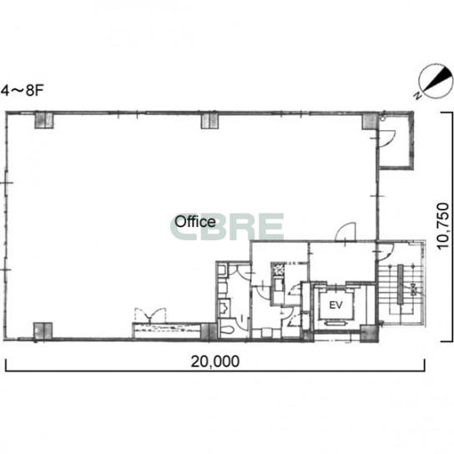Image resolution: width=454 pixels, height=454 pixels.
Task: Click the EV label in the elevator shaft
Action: point(335,305)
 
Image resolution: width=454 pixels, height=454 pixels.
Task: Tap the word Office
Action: point(195,222)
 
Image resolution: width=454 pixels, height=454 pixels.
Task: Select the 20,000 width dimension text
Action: point(214,361)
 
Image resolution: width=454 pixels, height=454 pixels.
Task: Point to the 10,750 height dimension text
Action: point(443,226)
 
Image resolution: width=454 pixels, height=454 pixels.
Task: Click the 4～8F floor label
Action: point(23,91)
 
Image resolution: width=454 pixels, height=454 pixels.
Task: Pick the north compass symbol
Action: point(436,80)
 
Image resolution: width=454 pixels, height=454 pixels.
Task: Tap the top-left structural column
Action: point(44,120)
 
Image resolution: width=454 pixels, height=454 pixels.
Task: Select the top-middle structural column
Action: point(209,120)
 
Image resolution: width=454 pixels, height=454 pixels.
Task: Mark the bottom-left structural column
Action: point(43,331)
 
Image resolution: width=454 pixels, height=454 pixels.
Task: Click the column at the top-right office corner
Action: point(371,121)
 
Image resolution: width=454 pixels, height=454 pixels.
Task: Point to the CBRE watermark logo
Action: point(227,227)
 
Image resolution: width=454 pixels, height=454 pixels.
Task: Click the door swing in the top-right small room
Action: point(387,140)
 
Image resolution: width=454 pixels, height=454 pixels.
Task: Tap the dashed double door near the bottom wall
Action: point(150,315)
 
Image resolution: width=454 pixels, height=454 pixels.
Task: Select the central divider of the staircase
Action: point(400,285)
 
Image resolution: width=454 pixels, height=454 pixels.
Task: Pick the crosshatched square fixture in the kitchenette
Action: point(278,269)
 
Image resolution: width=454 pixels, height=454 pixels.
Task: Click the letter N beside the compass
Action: point(418,95)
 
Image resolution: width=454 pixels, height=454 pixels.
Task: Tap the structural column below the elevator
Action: point(370,333)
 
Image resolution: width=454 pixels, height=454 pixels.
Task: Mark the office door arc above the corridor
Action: point(346,232)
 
